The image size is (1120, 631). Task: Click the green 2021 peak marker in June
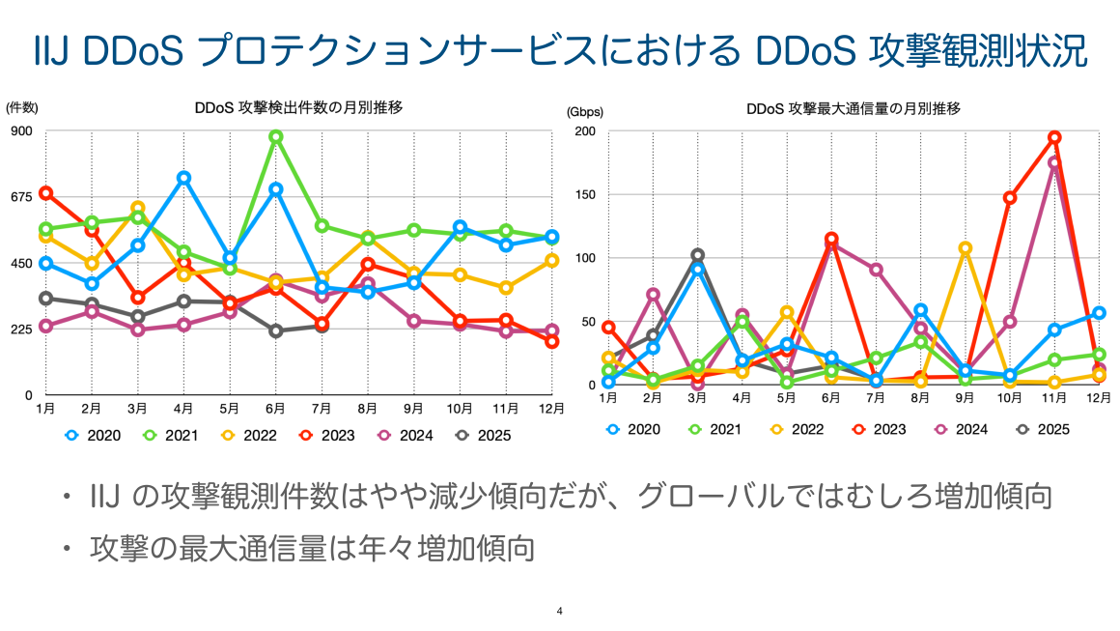pos(276,137)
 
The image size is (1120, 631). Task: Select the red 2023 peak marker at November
pos(1054,137)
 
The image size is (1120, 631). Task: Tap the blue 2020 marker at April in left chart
pos(183,178)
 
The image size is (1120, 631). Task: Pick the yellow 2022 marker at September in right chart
pos(965,248)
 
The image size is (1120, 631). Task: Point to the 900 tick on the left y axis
pos(21,131)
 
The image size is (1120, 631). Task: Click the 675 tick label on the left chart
pos(21,197)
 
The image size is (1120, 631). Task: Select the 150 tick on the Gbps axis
pos(586,194)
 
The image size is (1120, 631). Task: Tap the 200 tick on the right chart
pos(586,131)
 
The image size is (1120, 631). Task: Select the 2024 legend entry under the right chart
pos(960,428)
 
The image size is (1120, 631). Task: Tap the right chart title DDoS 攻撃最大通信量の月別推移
pos(853,107)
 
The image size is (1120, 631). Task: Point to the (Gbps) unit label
pos(583,111)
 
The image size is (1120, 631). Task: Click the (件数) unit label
pos(21,107)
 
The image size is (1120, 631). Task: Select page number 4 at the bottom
pos(560,611)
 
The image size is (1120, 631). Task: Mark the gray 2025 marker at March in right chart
pos(697,256)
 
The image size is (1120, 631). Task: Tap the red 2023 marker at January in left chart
pos(45,193)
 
